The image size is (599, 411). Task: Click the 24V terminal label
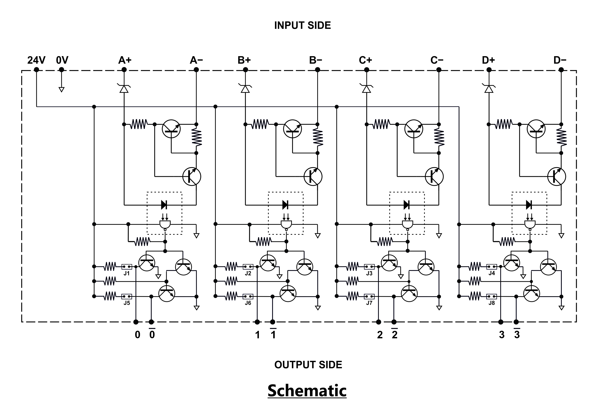(36, 60)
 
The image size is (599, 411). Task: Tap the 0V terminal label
(62, 60)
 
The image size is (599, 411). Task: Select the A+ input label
(125, 60)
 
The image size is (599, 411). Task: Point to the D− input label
(560, 60)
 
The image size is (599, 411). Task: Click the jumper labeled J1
(127, 267)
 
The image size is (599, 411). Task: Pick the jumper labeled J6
(248, 296)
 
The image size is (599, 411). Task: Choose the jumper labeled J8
(492, 296)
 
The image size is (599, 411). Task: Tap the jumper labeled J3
(369, 267)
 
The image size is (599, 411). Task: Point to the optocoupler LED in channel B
(285, 205)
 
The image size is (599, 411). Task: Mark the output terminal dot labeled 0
(136, 322)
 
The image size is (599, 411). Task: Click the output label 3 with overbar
(517, 334)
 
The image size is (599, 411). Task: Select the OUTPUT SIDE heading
(308, 365)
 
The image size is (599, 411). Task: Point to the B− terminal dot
(317, 70)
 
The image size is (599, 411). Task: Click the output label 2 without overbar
(380, 335)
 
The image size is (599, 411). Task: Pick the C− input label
(437, 60)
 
